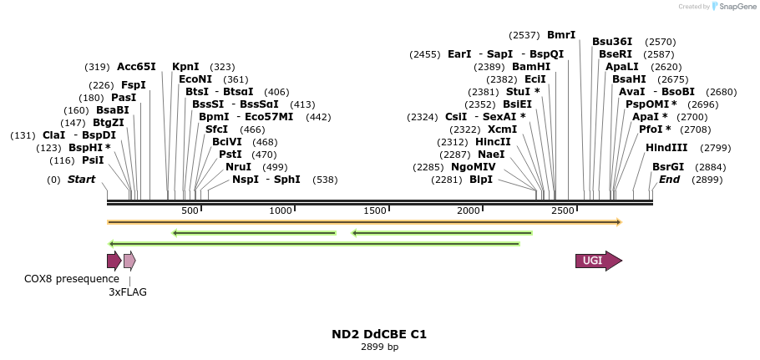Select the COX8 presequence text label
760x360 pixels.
click(x=71, y=278)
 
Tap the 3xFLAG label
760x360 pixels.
click(x=127, y=292)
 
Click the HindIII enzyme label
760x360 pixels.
click(x=666, y=148)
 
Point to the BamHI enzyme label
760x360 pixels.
click(x=531, y=67)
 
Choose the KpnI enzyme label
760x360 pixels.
click(x=185, y=67)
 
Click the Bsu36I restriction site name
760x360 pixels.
click(x=612, y=42)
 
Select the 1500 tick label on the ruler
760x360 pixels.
click(x=375, y=210)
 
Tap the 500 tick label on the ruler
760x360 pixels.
click(x=190, y=210)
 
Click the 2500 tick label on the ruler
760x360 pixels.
click(x=563, y=210)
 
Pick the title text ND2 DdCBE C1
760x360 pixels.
click(x=379, y=334)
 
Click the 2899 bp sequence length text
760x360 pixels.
click(x=379, y=347)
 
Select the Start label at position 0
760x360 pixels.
click(x=81, y=180)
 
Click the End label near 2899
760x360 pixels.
click(x=669, y=180)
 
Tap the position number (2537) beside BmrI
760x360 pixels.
click(x=524, y=35)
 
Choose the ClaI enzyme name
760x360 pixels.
click(x=53, y=135)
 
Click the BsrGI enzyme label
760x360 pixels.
click(x=667, y=167)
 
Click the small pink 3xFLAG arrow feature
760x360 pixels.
click(x=129, y=261)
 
